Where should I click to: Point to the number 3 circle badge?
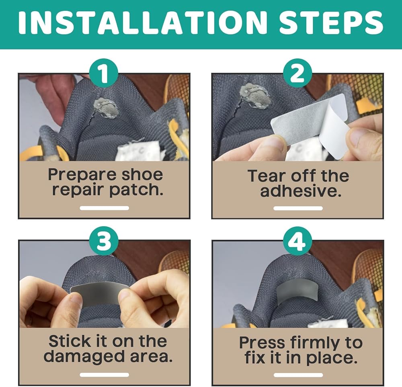click(x=104, y=241)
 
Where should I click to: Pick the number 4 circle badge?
click(x=297, y=241)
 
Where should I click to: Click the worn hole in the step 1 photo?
click(x=105, y=108)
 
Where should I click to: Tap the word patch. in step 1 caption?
click(x=136, y=190)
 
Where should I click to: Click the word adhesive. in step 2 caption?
click(x=301, y=191)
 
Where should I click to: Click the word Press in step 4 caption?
click(x=262, y=343)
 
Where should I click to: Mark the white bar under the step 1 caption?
click(x=104, y=208)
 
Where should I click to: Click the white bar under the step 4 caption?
click(x=298, y=375)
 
